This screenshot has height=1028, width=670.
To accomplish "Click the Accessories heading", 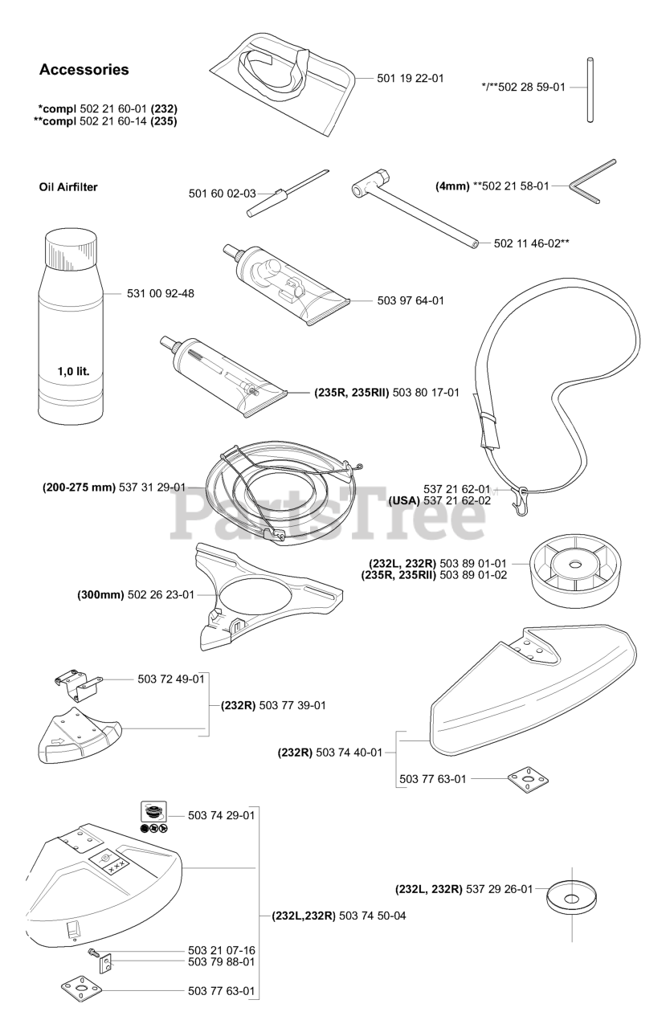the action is tap(84, 70).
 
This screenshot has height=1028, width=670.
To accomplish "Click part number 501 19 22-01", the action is tap(410, 79).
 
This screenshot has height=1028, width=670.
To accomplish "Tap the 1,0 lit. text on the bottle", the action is tap(73, 372).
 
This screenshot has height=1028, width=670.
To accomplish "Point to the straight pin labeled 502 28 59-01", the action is tap(590, 89).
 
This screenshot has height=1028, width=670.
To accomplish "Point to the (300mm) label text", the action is tap(100, 595).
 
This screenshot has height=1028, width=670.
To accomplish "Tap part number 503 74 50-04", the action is tap(373, 915).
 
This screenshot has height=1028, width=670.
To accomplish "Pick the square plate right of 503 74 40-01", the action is tap(522, 777).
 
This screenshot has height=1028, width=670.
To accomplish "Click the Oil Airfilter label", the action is tap(74, 188).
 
